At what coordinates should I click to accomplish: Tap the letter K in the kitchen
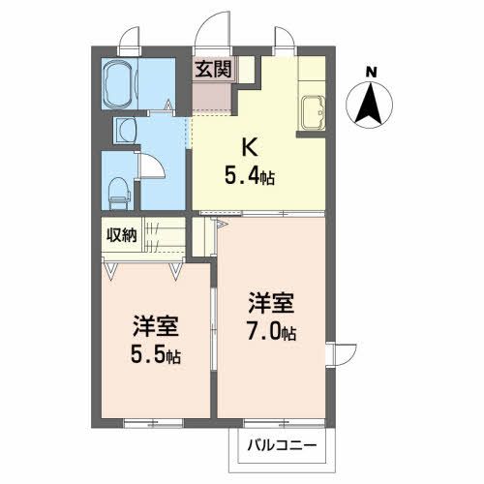[249, 147]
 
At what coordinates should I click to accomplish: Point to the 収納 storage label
[121, 234]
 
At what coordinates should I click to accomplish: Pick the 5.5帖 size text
[156, 353]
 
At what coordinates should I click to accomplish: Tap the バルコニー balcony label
[273, 447]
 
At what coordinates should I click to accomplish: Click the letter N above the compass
[372, 71]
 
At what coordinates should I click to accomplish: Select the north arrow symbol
[371, 106]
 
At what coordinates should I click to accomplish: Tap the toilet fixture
[119, 191]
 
